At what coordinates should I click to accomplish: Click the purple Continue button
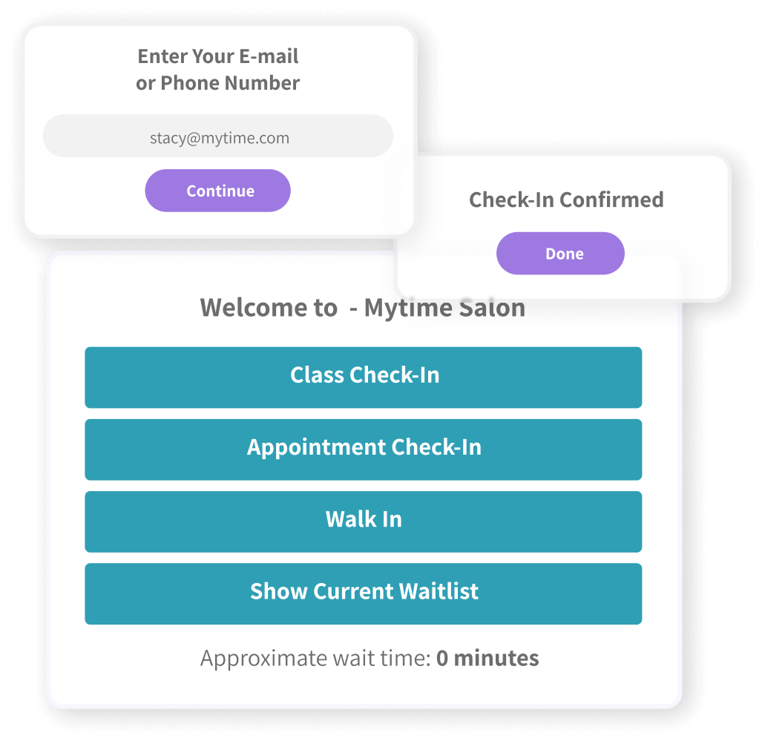(217, 191)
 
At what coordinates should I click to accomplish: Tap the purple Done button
(560, 254)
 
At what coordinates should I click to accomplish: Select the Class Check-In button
(363, 377)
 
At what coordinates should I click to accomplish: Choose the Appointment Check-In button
(363, 449)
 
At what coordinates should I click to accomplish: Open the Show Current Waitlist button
(363, 593)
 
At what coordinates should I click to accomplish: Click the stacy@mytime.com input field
(217, 136)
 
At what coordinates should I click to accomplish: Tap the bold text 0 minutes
(487, 658)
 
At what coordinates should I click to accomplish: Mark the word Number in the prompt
(264, 83)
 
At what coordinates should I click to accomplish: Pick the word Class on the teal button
(317, 375)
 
